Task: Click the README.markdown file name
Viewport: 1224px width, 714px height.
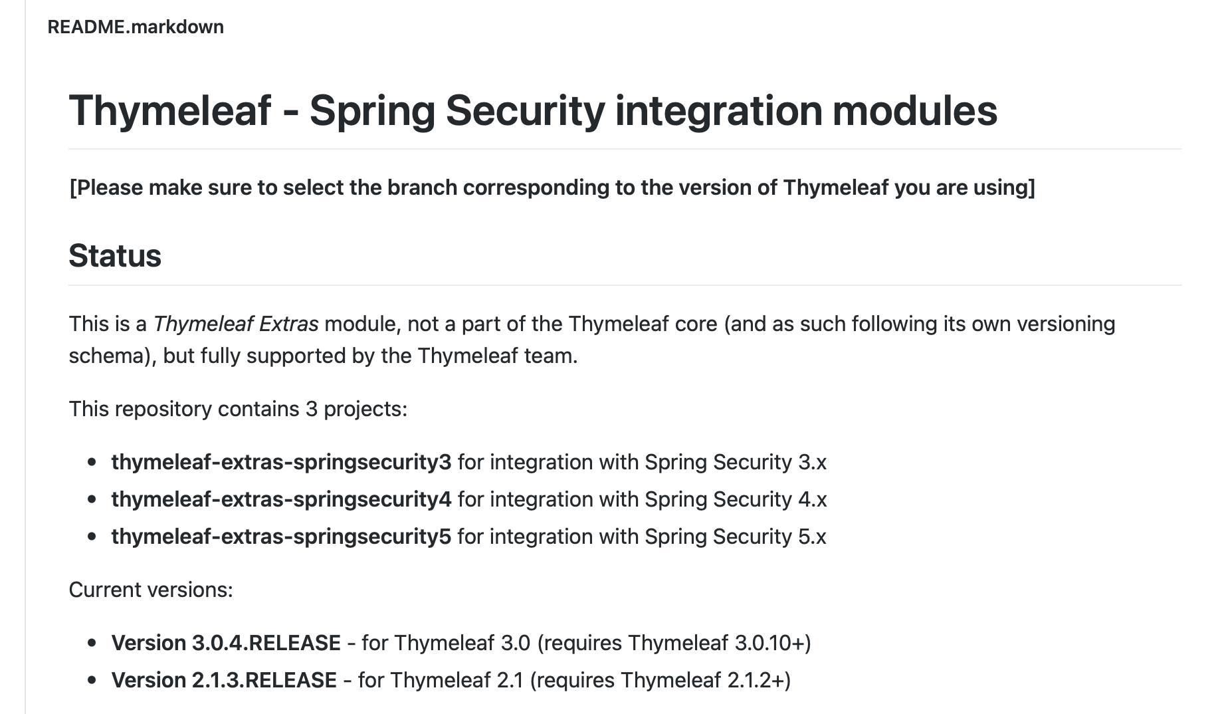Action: pyautogui.click(x=136, y=27)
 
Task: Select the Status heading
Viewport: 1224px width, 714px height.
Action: pyautogui.click(x=115, y=256)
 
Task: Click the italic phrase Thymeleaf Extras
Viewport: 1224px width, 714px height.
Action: pyautogui.click(x=236, y=324)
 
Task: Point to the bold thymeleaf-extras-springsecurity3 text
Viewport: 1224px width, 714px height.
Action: pyautogui.click(x=281, y=462)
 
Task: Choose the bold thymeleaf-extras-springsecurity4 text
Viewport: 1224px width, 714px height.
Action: pyautogui.click(x=281, y=499)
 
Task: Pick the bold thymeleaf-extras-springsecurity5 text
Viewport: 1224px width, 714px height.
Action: pyautogui.click(x=281, y=536)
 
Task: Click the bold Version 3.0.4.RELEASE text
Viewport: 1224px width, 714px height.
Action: pyautogui.click(x=226, y=643)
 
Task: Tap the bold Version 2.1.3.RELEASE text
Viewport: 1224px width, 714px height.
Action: pyautogui.click(x=224, y=680)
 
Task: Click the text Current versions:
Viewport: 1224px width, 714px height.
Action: pyautogui.click(x=151, y=590)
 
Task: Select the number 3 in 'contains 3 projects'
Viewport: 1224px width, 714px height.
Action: pyautogui.click(x=311, y=409)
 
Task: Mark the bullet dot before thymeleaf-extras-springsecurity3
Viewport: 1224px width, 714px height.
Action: pyautogui.click(x=92, y=462)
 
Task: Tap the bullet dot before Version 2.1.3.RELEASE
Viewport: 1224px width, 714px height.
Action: pyautogui.click(x=92, y=680)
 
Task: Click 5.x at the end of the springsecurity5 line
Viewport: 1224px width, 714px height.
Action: pyautogui.click(x=812, y=536)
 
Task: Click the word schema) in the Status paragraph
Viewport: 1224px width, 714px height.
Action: pyautogui.click(x=112, y=356)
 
